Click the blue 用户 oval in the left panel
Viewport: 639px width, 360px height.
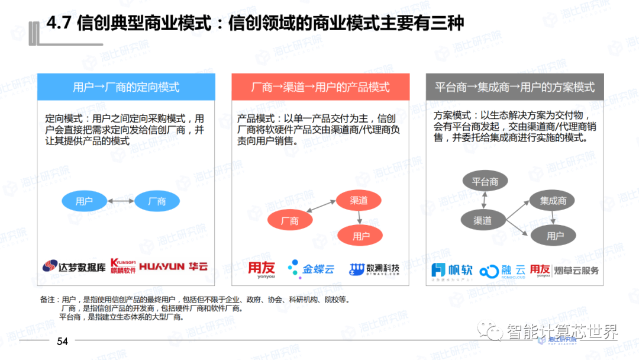tap(84, 201)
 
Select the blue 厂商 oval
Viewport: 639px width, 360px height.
tap(157, 201)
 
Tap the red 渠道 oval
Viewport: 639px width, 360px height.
tap(359, 201)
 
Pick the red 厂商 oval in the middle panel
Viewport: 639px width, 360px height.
tap(290, 221)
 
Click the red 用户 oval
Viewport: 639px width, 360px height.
tap(361, 236)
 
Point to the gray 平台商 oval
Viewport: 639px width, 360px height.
tap(485, 182)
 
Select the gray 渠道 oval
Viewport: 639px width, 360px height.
tap(483, 220)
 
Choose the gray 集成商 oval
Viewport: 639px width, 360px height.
tap(553, 201)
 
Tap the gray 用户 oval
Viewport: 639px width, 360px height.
tap(555, 236)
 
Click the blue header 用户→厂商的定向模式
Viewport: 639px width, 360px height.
tap(126, 87)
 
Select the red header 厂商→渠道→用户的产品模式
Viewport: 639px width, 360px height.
tap(320, 87)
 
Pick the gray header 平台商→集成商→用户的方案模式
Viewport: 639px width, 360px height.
tap(515, 87)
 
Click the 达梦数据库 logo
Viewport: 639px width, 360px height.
tap(74, 267)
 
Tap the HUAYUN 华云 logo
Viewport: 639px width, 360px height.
tap(173, 267)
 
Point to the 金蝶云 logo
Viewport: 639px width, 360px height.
tap(311, 269)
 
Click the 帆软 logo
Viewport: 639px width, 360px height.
tap(453, 270)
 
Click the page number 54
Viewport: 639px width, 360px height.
tap(62, 342)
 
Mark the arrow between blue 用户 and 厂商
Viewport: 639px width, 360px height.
tap(120, 201)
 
